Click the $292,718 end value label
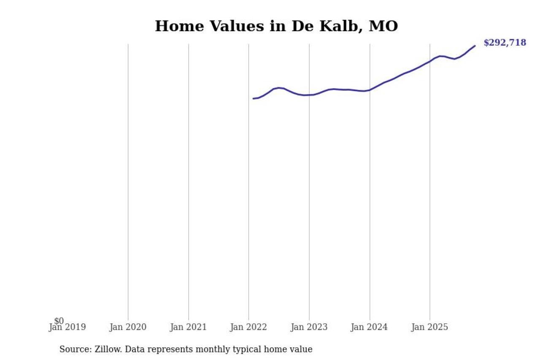pyautogui.click(x=505, y=43)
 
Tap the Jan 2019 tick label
pyautogui.click(x=67, y=328)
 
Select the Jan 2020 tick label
pyautogui.click(x=128, y=328)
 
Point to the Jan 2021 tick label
pyautogui.click(x=188, y=328)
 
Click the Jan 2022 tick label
pyautogui.click(x=248, y=328)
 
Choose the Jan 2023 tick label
pyautogui.click(x=309, y=328)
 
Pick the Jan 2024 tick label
pyautogui.click(x=370, y=328)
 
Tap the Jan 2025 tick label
pyautogui.click(x=430, y=328)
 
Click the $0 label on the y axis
pyautogui.click(x=59, y=321)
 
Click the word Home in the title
pyautogui.click(x=177, y=26)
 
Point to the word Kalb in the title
pyautogui.click(x=335, y=26)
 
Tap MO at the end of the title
pyautogui.click(x=383, y=26)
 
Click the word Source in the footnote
pyautogui.click(x=73, y=349)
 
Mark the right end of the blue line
pyautogui.click(x=475, y=46)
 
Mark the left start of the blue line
pyautogui.click(x=253, y=98)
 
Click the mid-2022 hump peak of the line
pyautogui.click(x=278, y=88)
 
